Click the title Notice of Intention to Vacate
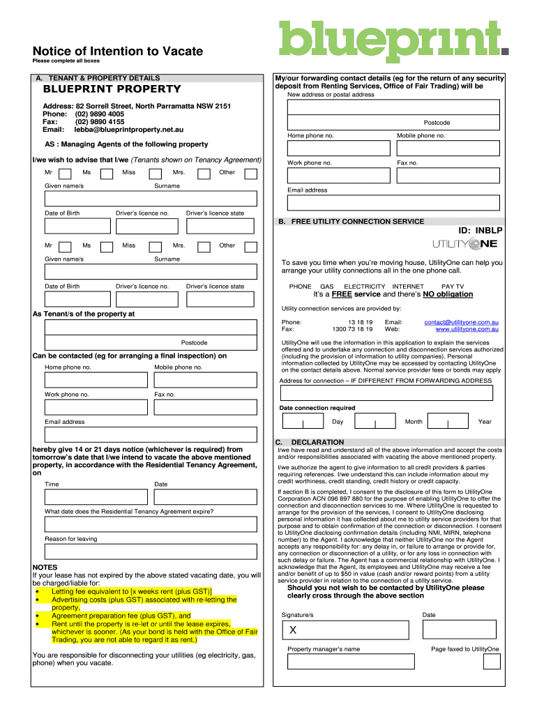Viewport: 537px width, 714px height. tap(118, 51)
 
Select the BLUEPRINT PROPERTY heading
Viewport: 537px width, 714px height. tap(112, 89)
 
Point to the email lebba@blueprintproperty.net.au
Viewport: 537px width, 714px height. tap(129, 130)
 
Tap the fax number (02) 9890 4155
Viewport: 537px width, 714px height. tap(100, 121)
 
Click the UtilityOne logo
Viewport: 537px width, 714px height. tap(464, 243)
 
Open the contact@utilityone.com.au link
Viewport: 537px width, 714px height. tap(461, 322)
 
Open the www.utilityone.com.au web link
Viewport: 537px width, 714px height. tap(467, 329)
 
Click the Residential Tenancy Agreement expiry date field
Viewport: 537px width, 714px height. tap(151, 524)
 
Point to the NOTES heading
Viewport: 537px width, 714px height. tap(45, 568)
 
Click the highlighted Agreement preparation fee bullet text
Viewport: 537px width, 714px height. tap(121, 616)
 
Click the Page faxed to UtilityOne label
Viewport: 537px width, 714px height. tap(465, 649)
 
